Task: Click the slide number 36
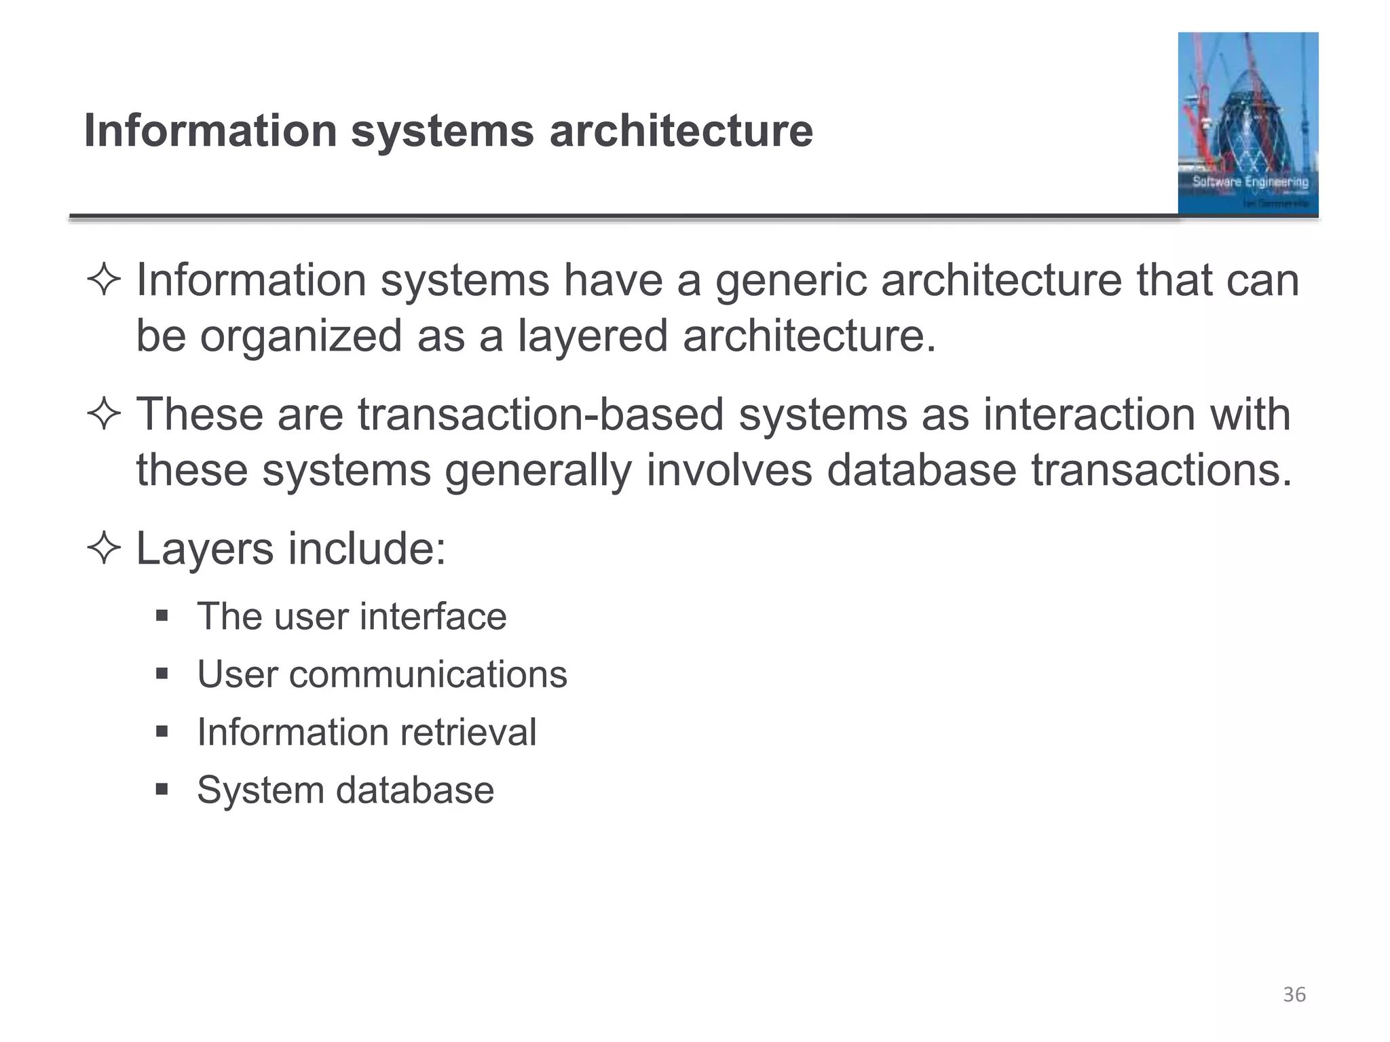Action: pos(1294,995)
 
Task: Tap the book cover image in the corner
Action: pos(1247,123)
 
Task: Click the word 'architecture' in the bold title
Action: pos(681,130)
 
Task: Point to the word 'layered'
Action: pos(593,336)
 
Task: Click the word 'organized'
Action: pos(301,336)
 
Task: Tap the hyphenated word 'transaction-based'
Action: pos(541,414)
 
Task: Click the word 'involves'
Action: pos(729,470)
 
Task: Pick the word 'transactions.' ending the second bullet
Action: pos(1161,470)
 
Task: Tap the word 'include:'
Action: pos(367,548)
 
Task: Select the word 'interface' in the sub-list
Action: pos(432,617)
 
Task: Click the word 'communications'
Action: pos(428,674)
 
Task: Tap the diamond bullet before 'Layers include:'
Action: pos(104,548)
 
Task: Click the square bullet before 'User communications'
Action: pos(162,674)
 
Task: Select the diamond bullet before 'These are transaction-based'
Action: pos(104,414)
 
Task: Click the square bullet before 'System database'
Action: pos(162,790)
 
